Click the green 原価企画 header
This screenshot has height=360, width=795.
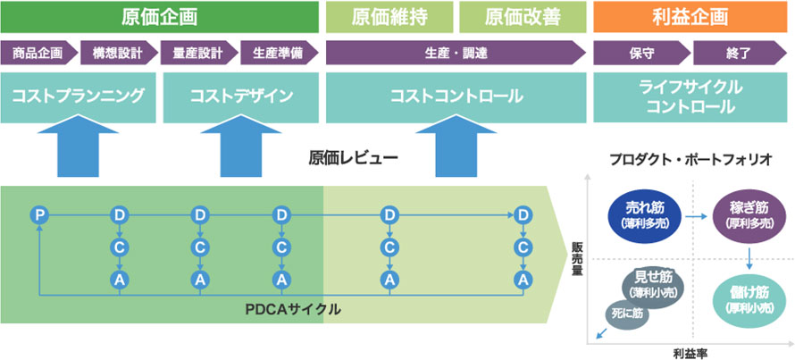[x=159, y=17]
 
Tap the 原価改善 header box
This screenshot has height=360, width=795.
[x=523, y=17]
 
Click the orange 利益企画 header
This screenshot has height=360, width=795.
[x=690, y=17]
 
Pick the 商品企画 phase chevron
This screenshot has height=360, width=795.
[x=38, y=54]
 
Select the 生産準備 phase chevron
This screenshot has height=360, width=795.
[x=277, y=54]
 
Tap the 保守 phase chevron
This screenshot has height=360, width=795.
[x=641, y=54]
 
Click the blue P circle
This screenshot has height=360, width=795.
[x=38, y=214]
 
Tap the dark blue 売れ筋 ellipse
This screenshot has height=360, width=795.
[x=643, y=213]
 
